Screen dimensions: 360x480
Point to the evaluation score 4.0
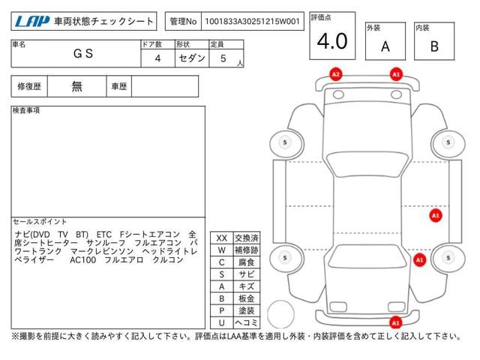pyautogui.click(x=331, y=42)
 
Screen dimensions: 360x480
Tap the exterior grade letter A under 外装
pyautogui.click(x=385, y=46)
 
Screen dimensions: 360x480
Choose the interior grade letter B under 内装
pyautogui.click(x=434, y=46)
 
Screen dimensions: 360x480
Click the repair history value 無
pyautogui.click(x=77, y=86)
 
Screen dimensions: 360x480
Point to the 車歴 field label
pyautogui.click(x=118, y=86)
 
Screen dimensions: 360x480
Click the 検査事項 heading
pyautogui.click(x=26, y=110)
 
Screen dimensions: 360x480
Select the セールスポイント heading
pyautogui.click(x=40, y=222)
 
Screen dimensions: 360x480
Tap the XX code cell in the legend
pyautogui.click(x=221, y=238)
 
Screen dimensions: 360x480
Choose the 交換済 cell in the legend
pyautogui.click(x=247, y=238)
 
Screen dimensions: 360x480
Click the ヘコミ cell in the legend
pyautogui.click(x=247, y=322)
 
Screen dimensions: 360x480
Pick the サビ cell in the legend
pyautogui.click(x=247, y=274)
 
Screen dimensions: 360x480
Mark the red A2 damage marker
pyautogui.click(x=336, y=74)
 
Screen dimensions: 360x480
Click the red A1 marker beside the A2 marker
pyautogui.click(x=395, y=74)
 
